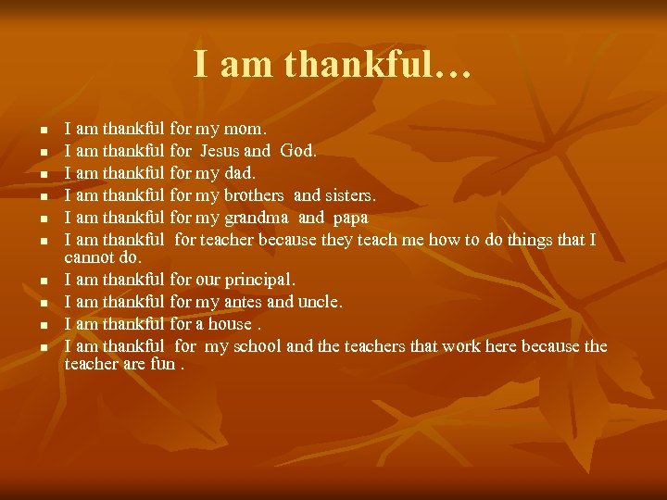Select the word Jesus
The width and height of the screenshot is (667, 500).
(x=220, y=150)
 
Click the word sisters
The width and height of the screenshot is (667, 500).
(x=348, y=195)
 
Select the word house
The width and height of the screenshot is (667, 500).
(x=232, y=324)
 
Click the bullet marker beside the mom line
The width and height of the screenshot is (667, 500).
(x=31, y=131)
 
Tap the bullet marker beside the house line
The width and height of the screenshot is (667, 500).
(x=31, y=325)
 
